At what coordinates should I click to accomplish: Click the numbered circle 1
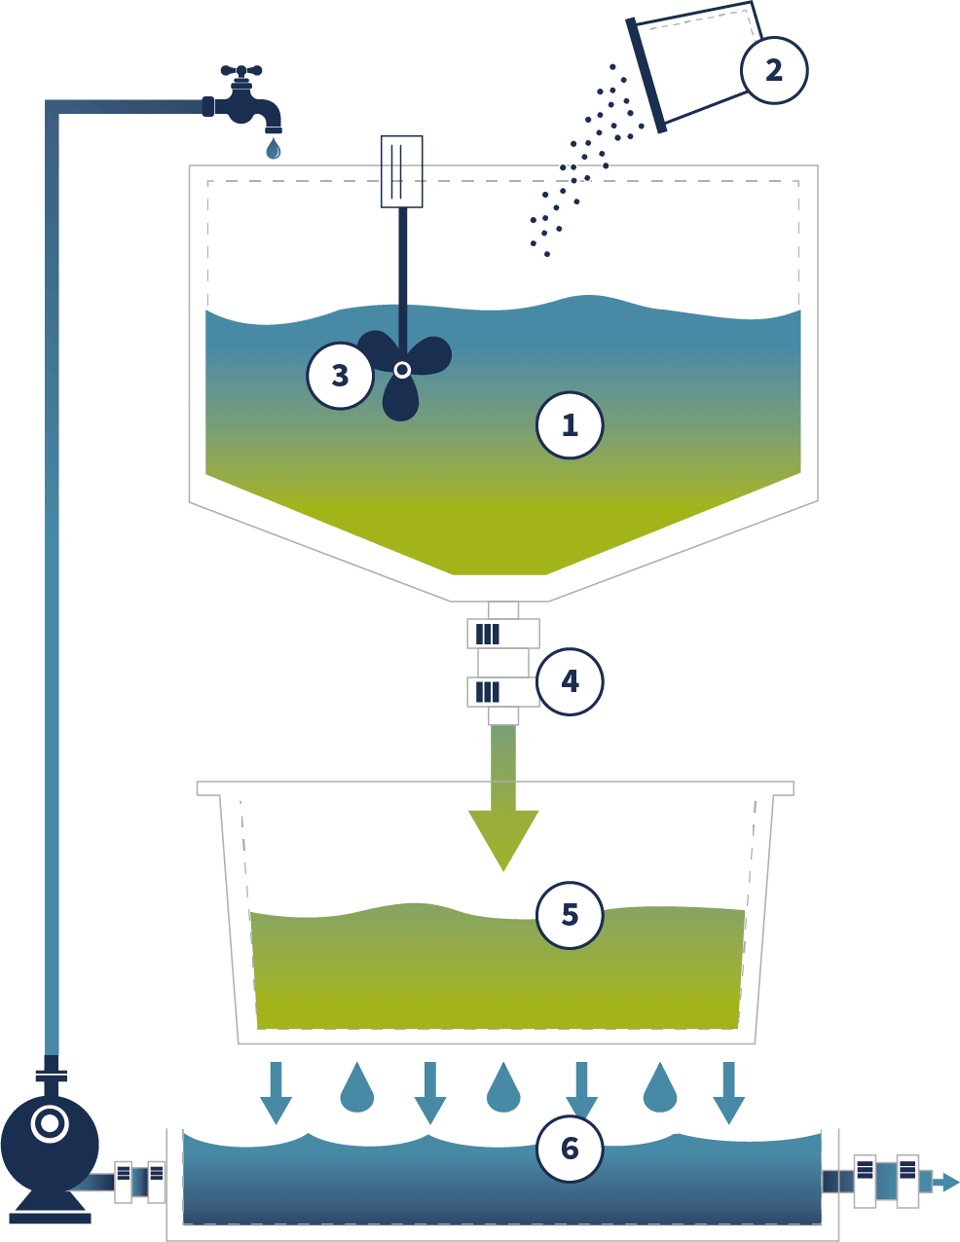[570, 425]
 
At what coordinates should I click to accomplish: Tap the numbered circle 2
[773, 70]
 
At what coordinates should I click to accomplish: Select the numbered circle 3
[340, 376]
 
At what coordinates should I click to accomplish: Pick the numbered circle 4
[570, 681]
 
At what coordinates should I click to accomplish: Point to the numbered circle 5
[570, 915]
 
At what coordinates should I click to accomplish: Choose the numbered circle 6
[570, 1149]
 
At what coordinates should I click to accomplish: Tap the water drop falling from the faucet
[274, 149]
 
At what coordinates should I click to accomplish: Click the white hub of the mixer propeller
[402, 369]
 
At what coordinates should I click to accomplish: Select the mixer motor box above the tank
[401, 171]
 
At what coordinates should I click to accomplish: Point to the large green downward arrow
[503, 818]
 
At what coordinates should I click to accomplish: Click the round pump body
[49, 1145]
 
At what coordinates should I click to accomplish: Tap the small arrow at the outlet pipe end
[946, 1182]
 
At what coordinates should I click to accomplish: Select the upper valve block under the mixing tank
[503, 634]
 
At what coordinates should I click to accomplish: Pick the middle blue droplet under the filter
[503, 1088]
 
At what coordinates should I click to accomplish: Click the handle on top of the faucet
[241, 72]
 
